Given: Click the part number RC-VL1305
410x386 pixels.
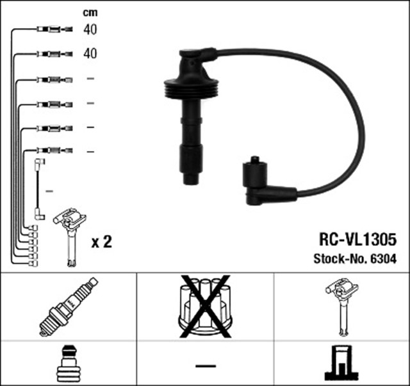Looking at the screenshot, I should [357, 239].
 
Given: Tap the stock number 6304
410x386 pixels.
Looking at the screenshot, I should [383, 259].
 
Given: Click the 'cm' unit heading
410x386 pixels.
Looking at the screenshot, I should [90, 13].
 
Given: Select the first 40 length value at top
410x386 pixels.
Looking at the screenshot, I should [90, 29].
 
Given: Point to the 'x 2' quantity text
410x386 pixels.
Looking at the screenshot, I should [102, 242].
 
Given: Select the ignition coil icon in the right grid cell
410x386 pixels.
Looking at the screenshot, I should [341, 305].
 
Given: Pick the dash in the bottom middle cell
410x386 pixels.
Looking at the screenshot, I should [205, 366].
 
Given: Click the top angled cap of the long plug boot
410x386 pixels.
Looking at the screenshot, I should [196, 60].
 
